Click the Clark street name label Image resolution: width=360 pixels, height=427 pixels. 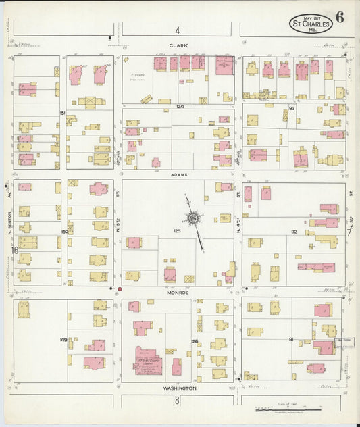178,46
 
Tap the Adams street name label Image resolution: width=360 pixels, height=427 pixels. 178,174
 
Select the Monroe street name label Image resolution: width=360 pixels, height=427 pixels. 178,293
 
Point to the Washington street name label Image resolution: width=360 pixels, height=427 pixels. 179,388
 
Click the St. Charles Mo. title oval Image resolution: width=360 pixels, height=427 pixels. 311,24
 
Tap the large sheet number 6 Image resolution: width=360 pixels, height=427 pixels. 339,18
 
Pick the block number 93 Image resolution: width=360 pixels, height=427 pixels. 292,108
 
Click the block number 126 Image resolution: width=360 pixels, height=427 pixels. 195,341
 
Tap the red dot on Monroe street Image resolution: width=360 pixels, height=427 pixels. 120,289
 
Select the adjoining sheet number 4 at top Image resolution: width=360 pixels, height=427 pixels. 178,30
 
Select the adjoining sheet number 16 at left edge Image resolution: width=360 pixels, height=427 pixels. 14,251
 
